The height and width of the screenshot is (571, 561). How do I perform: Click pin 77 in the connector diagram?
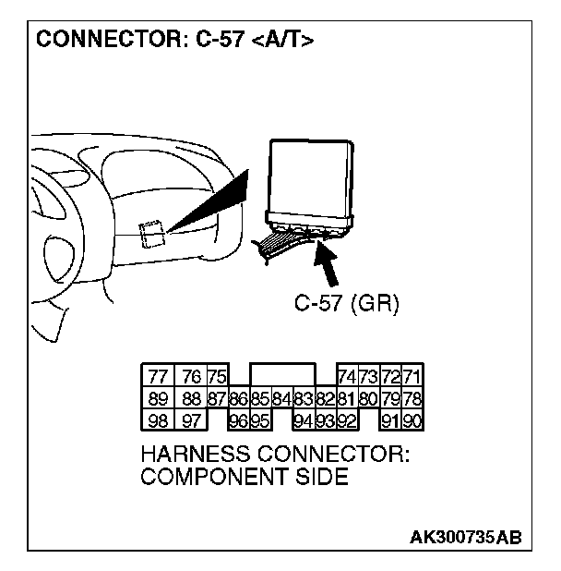[158, 376]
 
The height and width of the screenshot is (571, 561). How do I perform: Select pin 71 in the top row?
[412, 376]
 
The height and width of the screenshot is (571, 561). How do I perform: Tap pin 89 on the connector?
[158, 398]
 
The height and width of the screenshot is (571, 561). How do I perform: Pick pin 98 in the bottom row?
[158, 420]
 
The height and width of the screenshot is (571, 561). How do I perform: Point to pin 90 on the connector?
[412, 420]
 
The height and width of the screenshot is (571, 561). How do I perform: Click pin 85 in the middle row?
[260, 398]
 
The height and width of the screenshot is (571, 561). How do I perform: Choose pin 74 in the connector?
[348, 376]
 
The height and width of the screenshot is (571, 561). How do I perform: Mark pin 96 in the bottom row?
[238, 420]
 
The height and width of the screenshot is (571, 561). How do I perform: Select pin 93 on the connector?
[325, 420]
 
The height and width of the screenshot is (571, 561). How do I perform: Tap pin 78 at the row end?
[412, 398]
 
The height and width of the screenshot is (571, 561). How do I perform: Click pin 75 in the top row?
[217, 376]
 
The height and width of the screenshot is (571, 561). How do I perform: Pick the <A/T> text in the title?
[280, 43]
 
